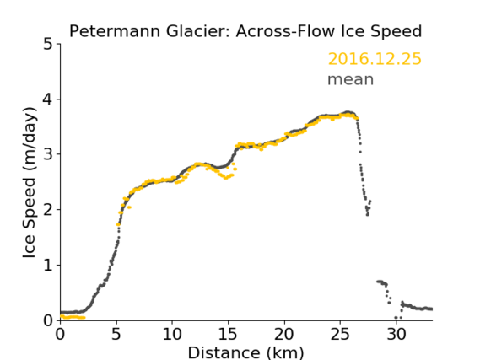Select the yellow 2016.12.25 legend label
pyautogui.click(x=375, y=59)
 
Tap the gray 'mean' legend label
pyautogui.click(x=351, y=79)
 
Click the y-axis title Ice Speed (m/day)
pyautogui.click(x=30, y=183)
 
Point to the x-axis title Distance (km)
pyautogui.click(x=245, y=352)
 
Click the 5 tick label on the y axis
pyautogui.click(x=47, y=45)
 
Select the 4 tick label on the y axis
pyautogui.click(x=47, y=99)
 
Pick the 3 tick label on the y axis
pyautogui.click(x=47, y=154)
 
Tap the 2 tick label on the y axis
pyautogui.click(x=47, y=210)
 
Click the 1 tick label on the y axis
pyautogui.click(x=48, y=266)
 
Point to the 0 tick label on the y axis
pyautogui.click(x=47, y=320)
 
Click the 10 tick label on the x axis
pyautogui.click(x=172, y=334)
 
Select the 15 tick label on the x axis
pyautogui.click(x=228, y=334)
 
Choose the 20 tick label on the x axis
pyautogui.click(x=284, y=334)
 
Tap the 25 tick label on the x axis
pyautogui.click(x=340, y=334)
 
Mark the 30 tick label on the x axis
pyautogui.click(x=396, y=334)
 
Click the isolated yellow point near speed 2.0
pyautogui.click(x=129, y=207)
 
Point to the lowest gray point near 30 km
pyautogui.click(x=396, y=318)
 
